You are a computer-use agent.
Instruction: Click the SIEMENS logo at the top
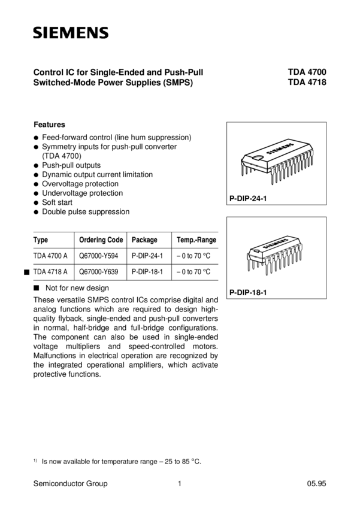tap(71, 32)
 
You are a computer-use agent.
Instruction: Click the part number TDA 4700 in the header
tap(307, 73)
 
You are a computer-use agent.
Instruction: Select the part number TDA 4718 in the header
tap(307, 84)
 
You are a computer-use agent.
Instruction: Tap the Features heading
tap(49, 125)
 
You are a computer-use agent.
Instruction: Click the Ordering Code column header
tap(101, 240)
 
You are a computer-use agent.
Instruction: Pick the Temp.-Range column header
tap(196, 240)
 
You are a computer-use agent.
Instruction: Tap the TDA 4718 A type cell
tap(50, 272)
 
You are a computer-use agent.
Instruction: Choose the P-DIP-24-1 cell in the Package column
tap(147, 256)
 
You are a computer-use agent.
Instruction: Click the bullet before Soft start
tap(37, 203)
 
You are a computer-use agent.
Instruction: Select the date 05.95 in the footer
tap(316, 484)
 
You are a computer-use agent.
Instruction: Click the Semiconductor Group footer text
tap(71, 484)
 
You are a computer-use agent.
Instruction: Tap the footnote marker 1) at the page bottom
tap(35, 460)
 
